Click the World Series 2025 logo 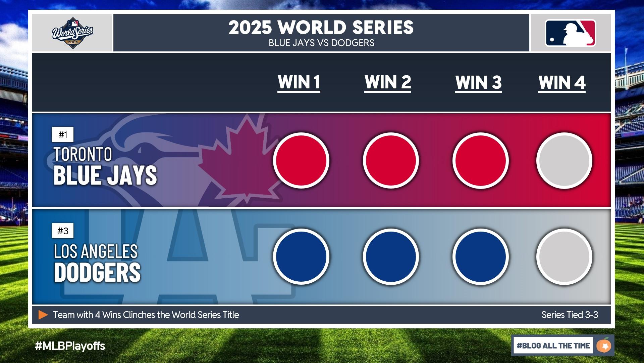[x=72, y=33]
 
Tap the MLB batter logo [x=571, y=33]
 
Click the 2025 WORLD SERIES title [x=321, y=28]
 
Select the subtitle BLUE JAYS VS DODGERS [x=321, y=43]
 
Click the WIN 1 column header [x=299, y=83]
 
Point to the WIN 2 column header [x=388, y=83]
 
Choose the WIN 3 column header [x=478, y=83]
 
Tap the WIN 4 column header [x=562, y=83]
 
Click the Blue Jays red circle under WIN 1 [x=301, y=160]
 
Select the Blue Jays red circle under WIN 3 [x=481, y=160]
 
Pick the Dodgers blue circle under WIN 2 [x=391, y=257]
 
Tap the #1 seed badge [x=63, y=135]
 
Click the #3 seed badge [x=63, y=231]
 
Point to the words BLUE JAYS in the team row [x=105, y=175]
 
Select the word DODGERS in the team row [x=97, y=272]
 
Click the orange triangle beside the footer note [x=43, y=315]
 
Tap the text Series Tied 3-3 [x=570, y=315]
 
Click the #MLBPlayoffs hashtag [x=70, y=346]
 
